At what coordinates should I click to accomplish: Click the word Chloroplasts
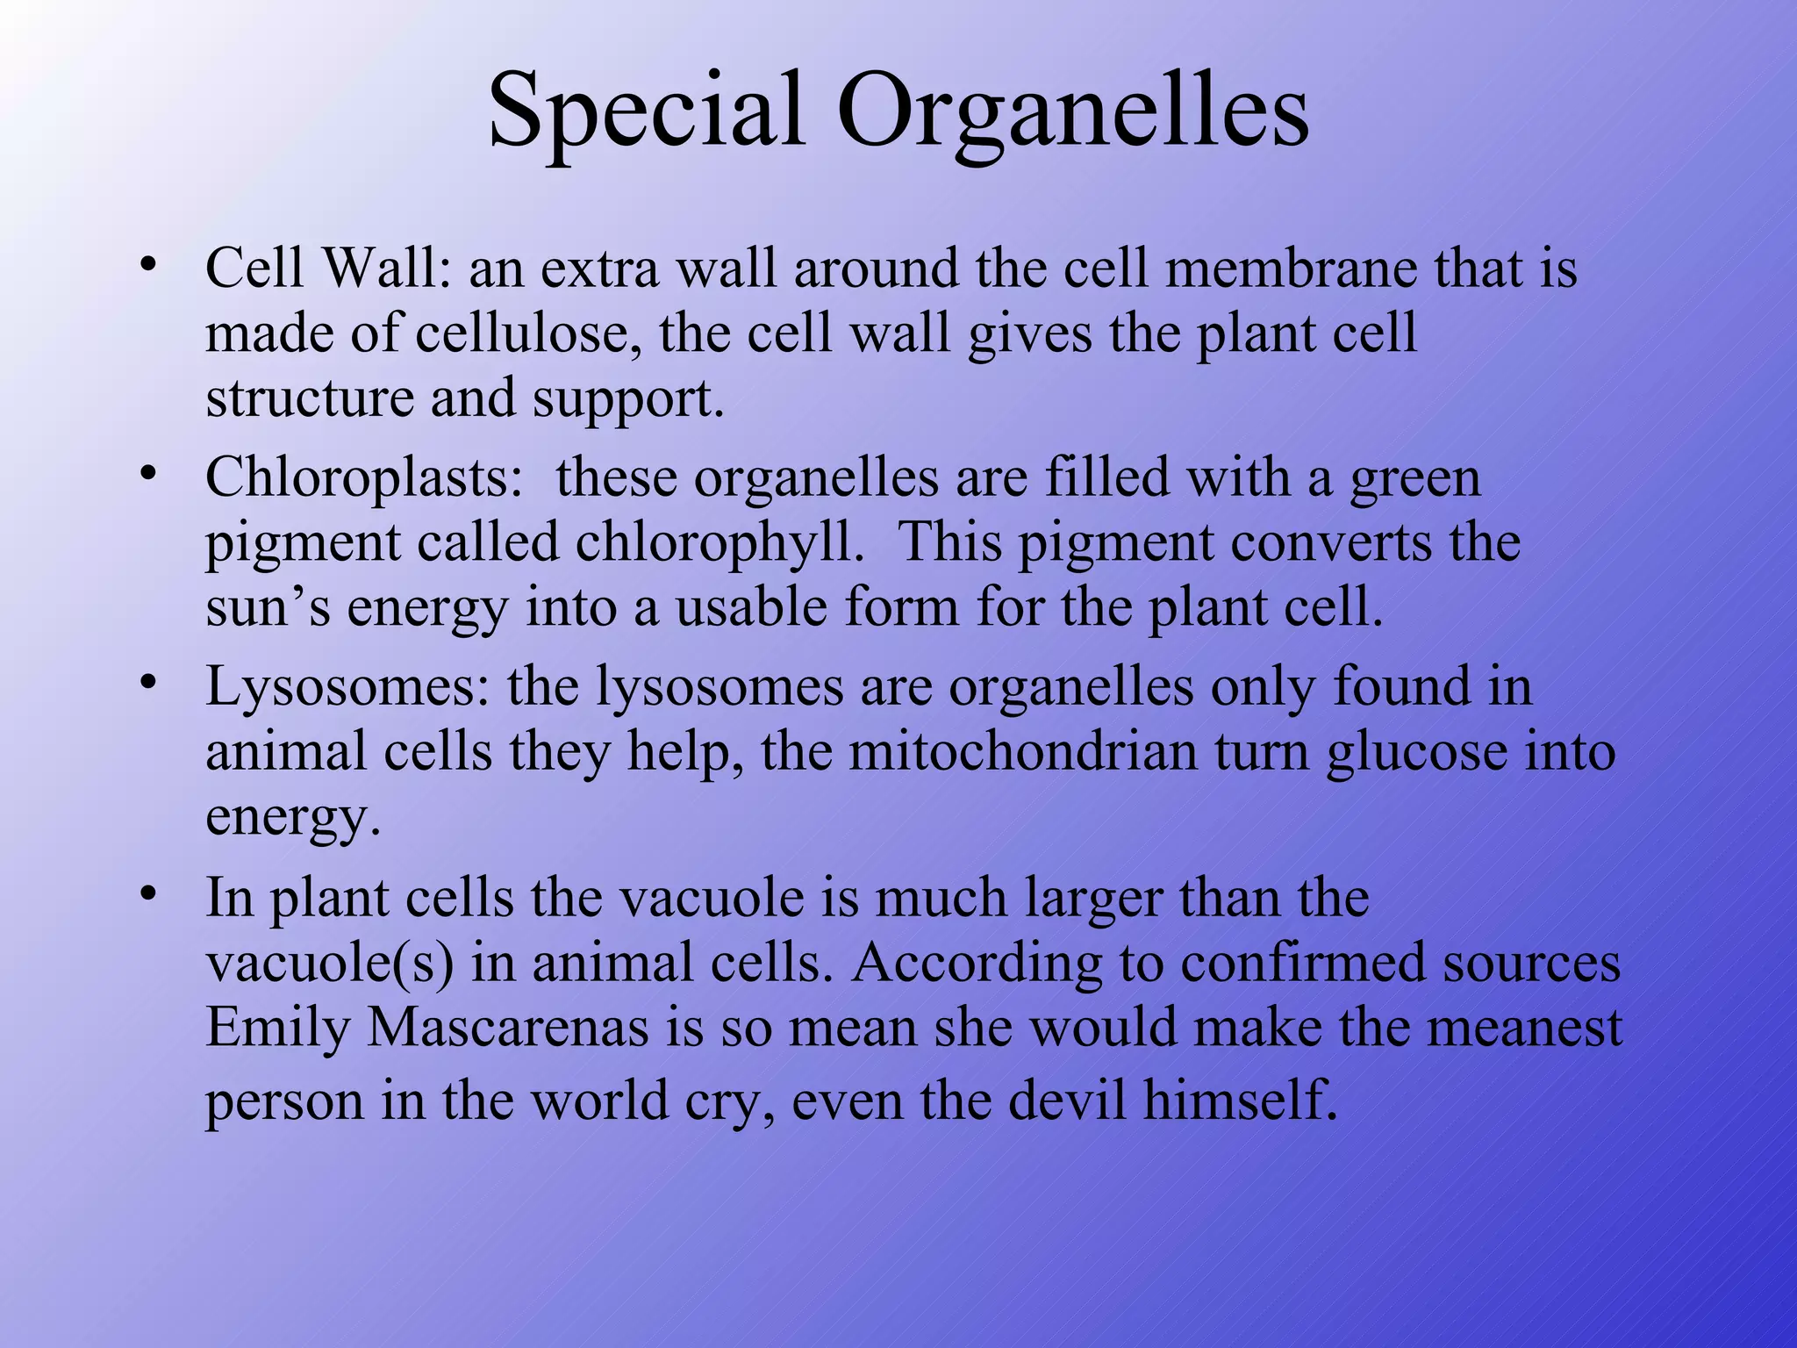tap(364, 478)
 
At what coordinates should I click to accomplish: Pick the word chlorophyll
tap(714, 543)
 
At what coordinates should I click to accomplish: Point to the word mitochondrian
tap(1023, 752)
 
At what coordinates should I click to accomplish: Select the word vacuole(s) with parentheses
tap(330, 964)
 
